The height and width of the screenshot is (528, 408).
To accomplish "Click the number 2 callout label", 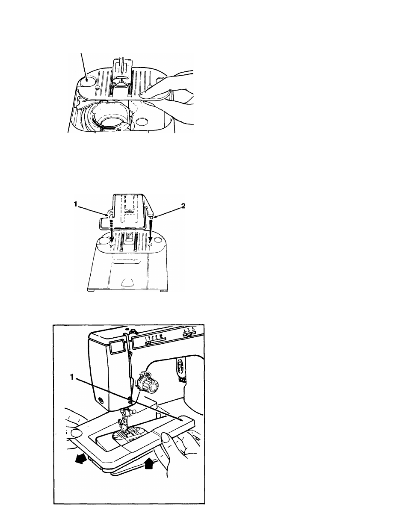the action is tap(183, 206).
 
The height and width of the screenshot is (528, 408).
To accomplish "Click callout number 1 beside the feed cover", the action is tap(76, 204).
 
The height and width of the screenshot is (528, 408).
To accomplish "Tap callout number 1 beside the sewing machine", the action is tap(72, 377).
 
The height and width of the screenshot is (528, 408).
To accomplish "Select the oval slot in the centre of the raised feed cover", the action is tap(127, 212).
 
